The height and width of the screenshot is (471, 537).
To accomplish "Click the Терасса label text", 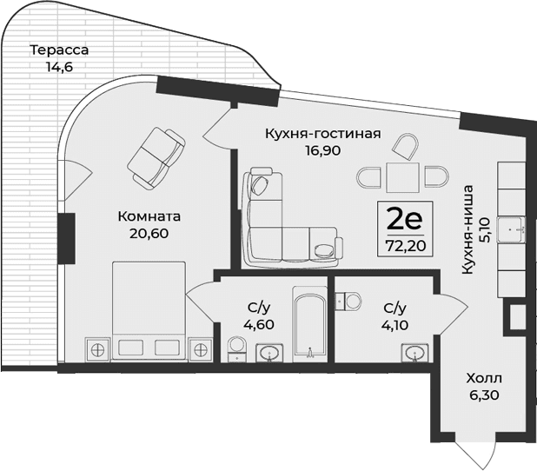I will pos(59,50).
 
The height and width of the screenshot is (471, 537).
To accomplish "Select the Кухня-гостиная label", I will pos(322,133).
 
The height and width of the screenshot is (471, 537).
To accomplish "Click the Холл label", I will pos(484,379).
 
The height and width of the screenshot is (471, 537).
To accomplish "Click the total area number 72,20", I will pos(400,246).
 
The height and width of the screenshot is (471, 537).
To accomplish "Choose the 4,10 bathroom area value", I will pos(395,328).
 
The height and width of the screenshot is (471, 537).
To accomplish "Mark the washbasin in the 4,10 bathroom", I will pos(415,352).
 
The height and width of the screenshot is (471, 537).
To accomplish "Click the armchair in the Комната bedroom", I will pos(156,154).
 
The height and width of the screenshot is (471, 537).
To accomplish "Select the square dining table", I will pos(401,178).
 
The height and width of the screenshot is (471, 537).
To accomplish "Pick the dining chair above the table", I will pos(402,147).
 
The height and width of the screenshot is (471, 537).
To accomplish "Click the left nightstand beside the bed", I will pos(97,349).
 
